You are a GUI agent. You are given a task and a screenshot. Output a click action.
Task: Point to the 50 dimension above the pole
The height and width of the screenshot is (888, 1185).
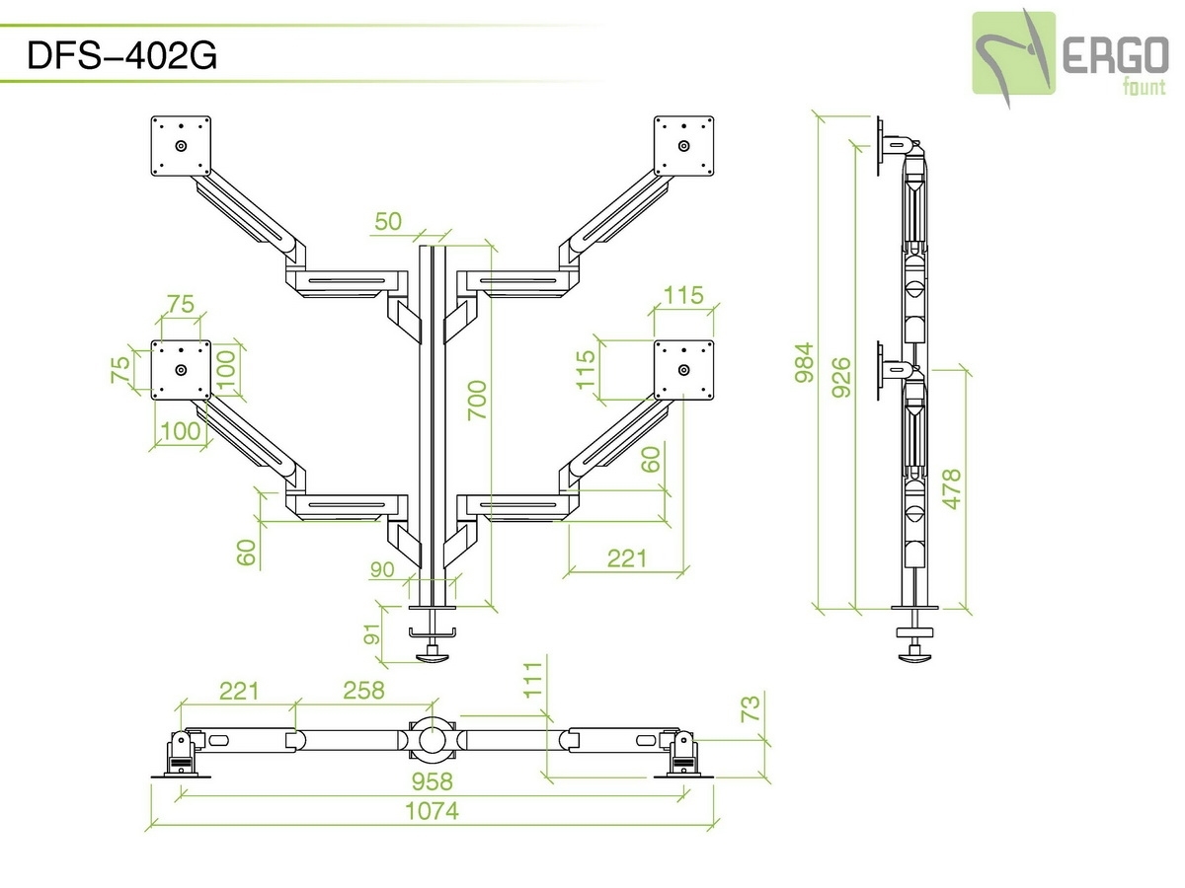click(388, 221)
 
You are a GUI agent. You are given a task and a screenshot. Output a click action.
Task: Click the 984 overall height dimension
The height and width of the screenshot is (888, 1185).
click(806, 362)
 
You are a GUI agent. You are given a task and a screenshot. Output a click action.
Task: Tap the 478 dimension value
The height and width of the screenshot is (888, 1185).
click(952, 488)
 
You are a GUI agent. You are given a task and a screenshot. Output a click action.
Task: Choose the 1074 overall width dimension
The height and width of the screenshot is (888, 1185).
click(432, 811)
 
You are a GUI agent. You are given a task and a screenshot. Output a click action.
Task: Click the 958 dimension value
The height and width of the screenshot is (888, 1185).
click(432, 781)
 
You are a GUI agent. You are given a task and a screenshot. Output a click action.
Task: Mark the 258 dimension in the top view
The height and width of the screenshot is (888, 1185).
click(362, 690)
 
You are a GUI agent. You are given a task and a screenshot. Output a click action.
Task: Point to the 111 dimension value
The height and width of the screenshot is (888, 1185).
click(534, 680)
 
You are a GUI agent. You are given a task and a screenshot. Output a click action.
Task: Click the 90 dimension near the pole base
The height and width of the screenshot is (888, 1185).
click(382, 570)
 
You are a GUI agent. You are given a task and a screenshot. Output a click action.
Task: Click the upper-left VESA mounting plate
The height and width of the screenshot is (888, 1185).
click(181, 146)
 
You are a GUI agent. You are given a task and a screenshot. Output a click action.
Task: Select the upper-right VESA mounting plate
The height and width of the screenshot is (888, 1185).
click(684, 146)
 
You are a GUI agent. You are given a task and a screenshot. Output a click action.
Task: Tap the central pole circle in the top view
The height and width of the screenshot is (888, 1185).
click(432, 738)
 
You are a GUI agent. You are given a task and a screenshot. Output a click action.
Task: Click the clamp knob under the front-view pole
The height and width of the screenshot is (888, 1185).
click(432, 652)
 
